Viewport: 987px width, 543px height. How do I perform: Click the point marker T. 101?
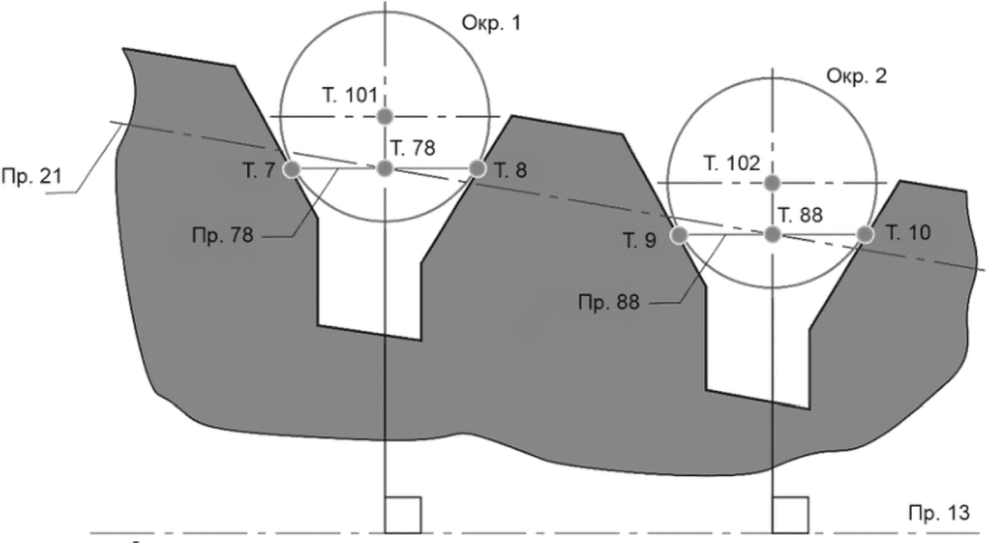(384, 117)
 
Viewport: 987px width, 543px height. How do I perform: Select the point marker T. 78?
(384, 168)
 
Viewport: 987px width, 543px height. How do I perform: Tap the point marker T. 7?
(290, 169)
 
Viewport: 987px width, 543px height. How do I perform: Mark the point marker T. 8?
(478, 168)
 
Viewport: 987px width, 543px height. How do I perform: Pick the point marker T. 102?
(773, 183)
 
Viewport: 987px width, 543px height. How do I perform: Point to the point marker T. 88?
(773, 234)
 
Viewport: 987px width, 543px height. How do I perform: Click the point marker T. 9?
(679, 235)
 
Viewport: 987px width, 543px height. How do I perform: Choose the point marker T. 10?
(866, 234)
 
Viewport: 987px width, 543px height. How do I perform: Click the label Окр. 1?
(491, 24)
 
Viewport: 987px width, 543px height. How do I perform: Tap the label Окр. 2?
(857, 76)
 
